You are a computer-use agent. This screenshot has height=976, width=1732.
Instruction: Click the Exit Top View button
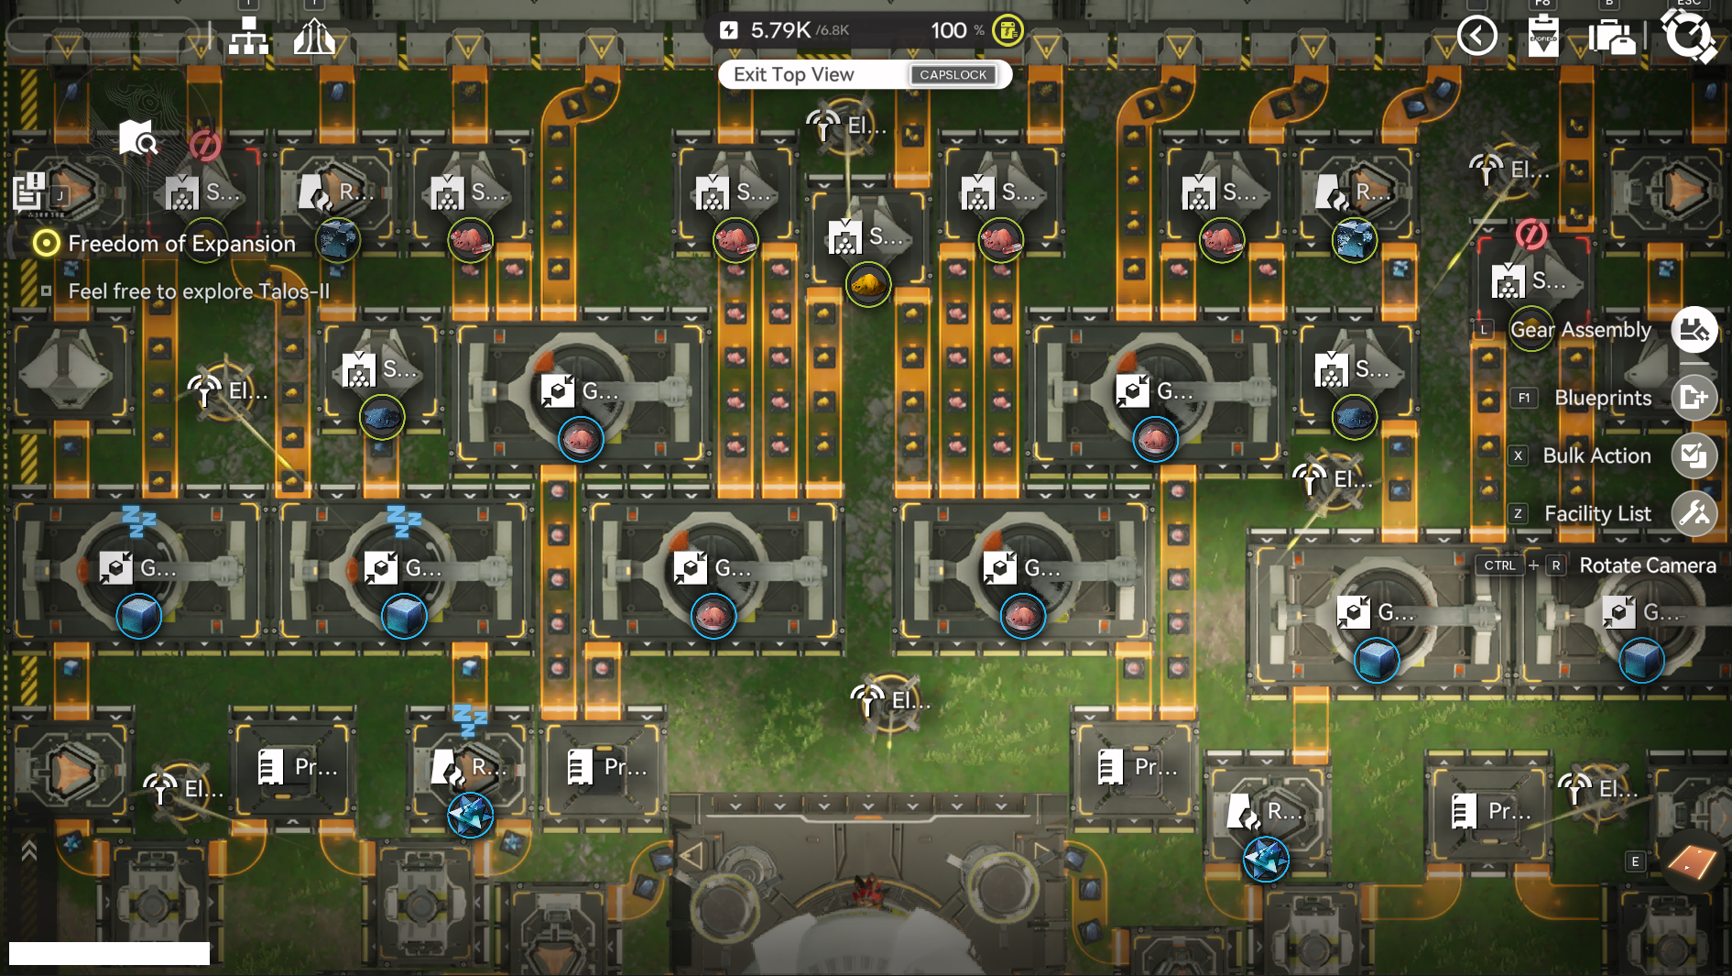793,75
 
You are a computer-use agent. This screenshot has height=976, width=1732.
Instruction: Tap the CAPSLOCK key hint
953,75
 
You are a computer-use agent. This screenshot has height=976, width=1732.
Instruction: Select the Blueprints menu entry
1602,398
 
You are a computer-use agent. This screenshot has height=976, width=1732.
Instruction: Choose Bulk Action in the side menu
1596,455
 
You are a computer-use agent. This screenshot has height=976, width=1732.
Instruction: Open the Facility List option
1597,514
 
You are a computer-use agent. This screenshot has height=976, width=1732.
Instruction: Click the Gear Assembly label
1580,330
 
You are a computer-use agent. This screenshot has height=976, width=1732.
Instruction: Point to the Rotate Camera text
1647,565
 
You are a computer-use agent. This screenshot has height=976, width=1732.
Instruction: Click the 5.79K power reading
780,30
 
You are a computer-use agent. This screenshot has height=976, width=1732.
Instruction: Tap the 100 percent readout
949,30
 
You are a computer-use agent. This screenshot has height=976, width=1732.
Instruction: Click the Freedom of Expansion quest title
181,244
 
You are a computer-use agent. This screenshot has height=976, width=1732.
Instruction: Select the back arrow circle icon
1476,36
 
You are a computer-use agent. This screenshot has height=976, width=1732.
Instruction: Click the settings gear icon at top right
1688,37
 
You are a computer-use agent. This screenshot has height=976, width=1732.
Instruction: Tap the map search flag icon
137,138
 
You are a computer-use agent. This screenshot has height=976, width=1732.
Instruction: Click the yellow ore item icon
867,286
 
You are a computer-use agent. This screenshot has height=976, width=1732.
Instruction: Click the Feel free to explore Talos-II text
199,291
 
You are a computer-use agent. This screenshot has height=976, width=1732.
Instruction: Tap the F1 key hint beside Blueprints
1523,398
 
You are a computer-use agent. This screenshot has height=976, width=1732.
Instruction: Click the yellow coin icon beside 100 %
1008,30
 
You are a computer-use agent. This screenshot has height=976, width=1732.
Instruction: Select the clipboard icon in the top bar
1542,37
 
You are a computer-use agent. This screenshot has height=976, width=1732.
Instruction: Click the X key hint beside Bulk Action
1518,455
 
